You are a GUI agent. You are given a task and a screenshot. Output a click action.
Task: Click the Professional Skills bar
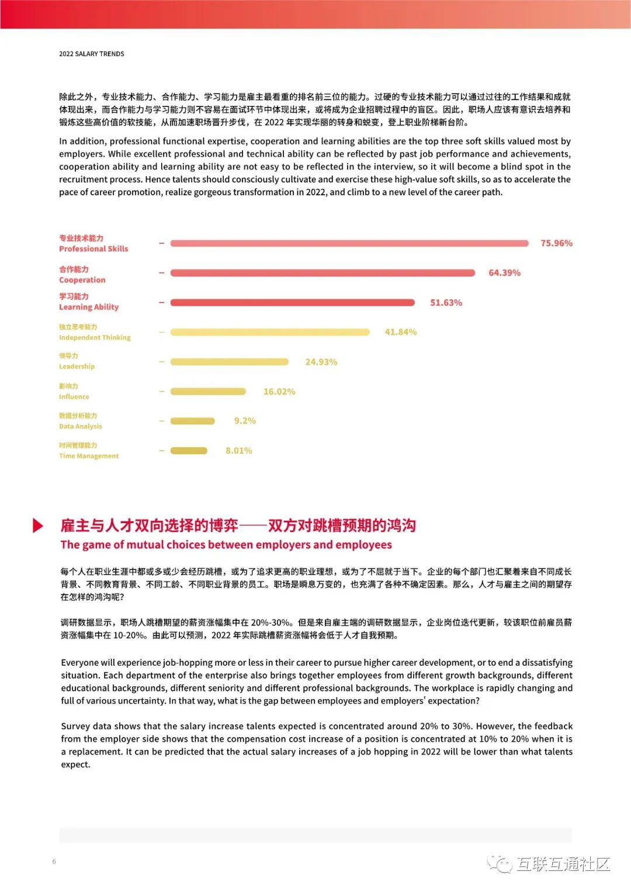[349, 243]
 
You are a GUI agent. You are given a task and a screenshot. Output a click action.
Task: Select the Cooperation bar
[323, 273]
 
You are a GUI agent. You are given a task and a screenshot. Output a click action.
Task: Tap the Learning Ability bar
[292, 303]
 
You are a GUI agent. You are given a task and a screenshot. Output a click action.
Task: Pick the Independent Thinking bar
[270, 332]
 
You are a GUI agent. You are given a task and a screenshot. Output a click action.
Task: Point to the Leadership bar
[230, 362]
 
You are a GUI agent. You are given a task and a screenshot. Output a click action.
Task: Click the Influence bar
[208, 392]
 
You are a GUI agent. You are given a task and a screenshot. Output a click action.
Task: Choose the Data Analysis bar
[193, 421]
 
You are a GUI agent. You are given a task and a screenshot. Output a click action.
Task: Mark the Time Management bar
[189, 451]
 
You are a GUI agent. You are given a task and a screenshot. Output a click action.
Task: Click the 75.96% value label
[556, 243]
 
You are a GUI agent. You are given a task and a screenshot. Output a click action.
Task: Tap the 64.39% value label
[504, 273]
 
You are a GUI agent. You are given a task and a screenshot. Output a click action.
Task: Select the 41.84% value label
[400, 332]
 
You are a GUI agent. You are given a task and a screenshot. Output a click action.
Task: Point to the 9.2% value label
[245, 421]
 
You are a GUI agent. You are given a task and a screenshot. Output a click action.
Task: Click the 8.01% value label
[239, 451]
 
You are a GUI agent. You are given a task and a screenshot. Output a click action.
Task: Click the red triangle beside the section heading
[38, 525]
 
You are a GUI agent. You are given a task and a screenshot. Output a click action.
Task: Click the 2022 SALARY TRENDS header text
[91, 54]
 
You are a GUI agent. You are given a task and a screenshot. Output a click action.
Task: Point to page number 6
[54, 861]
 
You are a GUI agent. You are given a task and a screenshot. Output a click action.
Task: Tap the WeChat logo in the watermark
[500, 863]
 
